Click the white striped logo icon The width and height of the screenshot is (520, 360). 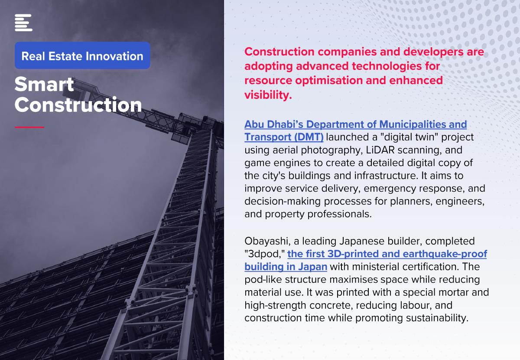pyautogui.click(x=23, y=23)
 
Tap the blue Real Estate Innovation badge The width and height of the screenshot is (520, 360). pyautogui.click(x=82, y=56)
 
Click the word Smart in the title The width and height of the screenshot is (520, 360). pyautogui.click(x=44, y=84)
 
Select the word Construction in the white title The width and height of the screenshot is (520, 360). pyautogui.click(x=78, y=105)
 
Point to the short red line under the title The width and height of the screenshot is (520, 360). pyautogui.click(x=29, y=127)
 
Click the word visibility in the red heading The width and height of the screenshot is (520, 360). pyautogui.click(x=268, y=95)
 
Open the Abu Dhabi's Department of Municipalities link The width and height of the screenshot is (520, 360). pyautogui.click(x=356, y=124)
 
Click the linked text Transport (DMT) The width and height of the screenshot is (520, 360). pyautogui.click(x=284, y=137)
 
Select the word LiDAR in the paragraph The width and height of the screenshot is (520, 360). pyautogui.click(x=380, y=150)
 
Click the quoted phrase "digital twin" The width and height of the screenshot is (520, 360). pyautogui.click(x=409, y=137)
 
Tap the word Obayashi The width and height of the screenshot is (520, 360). pyautogui.click(x=267, y=241)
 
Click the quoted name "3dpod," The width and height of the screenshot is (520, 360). pyautogui.click(x=265, y=254)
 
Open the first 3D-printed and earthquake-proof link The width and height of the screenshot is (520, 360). pyautogui.click(x=387, y=254)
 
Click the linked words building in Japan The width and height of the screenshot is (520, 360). pyautogui.click(x=286, y=267)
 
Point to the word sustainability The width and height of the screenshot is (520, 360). pyautogui.click(x=437, y=318)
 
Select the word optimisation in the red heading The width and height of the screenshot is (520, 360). pyautogui.click(x=329, y=81)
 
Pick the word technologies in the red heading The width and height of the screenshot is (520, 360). pyautogui.click(x=387, y=66)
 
